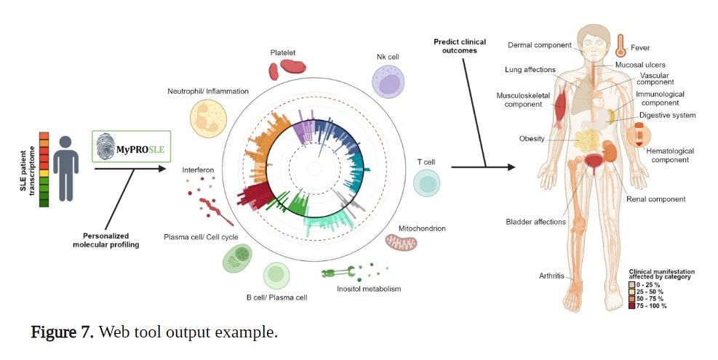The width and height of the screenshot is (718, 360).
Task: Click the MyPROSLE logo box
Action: click(x=132, y=147)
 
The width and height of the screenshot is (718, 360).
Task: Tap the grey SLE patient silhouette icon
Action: click(x=66, y=169)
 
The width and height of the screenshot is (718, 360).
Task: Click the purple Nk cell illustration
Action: click(x=388, y=81)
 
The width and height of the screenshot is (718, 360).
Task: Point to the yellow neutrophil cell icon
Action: click(x=208, y=119)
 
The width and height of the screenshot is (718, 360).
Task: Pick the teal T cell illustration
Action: click(x=426, y=183)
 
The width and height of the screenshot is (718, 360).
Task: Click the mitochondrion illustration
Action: click(x=401, y=242)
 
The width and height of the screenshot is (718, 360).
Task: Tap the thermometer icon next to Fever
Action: click(x=621, y=45)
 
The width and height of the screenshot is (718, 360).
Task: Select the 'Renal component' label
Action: click(x=655, y=199)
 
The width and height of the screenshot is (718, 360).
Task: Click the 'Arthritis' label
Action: click(x=551, y=276)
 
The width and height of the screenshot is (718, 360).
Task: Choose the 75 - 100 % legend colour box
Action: click(x=632, y=305)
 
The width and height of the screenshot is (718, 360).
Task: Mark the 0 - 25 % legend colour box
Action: click(x=632, y=285)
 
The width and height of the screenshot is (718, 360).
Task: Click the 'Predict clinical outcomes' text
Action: click(x=460, y=47)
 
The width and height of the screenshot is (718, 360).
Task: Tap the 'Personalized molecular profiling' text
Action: click(x=105, y=241)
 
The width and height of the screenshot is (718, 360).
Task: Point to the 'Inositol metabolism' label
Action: click(x=369, y=289)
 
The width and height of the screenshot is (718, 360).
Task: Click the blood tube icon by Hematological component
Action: click(x=638, y=135)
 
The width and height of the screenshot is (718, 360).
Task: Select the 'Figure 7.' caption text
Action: click(x=62, y=332)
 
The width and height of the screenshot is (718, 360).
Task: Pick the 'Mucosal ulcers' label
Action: click(x=640, y=65)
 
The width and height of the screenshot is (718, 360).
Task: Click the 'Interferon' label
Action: click(x=198, y=170)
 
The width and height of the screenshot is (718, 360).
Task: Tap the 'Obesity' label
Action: click(x=532, y=139)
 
